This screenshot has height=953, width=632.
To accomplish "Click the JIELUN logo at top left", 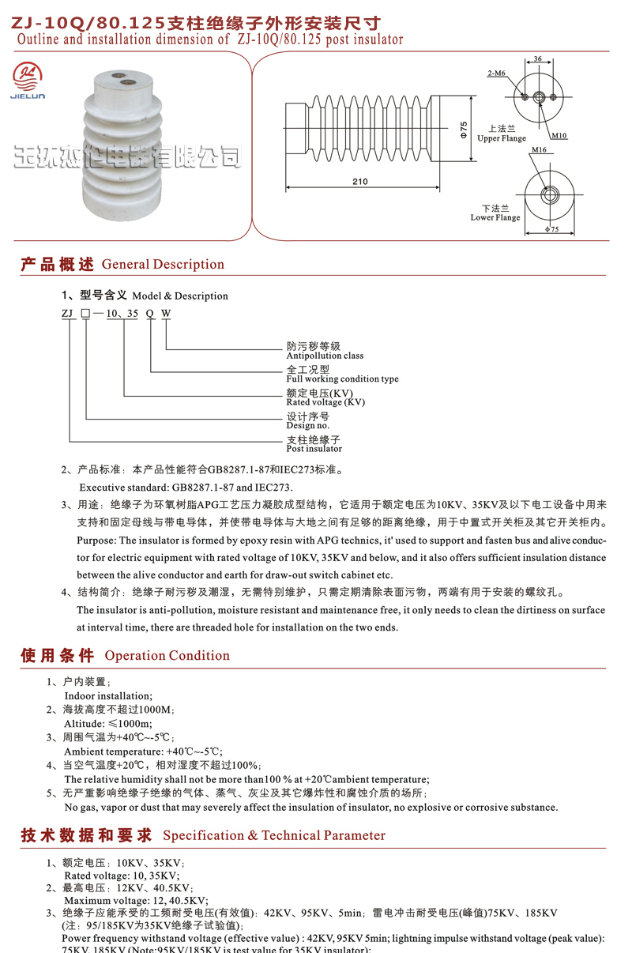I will click(29, 80).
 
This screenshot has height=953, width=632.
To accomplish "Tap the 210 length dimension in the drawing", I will click(359, 181).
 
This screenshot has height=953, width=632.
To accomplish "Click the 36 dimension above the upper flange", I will click(537, 58).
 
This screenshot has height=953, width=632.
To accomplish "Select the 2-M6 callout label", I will click(496, 73).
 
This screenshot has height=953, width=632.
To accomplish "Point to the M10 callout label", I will click(559, 135).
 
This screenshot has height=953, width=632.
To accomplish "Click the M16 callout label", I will click(539, 149).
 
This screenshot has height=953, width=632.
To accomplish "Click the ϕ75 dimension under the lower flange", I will click(551, 229).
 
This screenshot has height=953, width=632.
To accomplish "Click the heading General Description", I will click(163, 264).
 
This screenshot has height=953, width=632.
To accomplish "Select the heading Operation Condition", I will click(167, 655).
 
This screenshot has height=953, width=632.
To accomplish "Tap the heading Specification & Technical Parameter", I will click(274, 835).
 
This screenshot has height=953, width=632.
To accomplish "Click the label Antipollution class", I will click(325, 356).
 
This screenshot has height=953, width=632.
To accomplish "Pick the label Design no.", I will click(307, 426).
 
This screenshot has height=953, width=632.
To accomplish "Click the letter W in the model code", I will click(166, 313).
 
